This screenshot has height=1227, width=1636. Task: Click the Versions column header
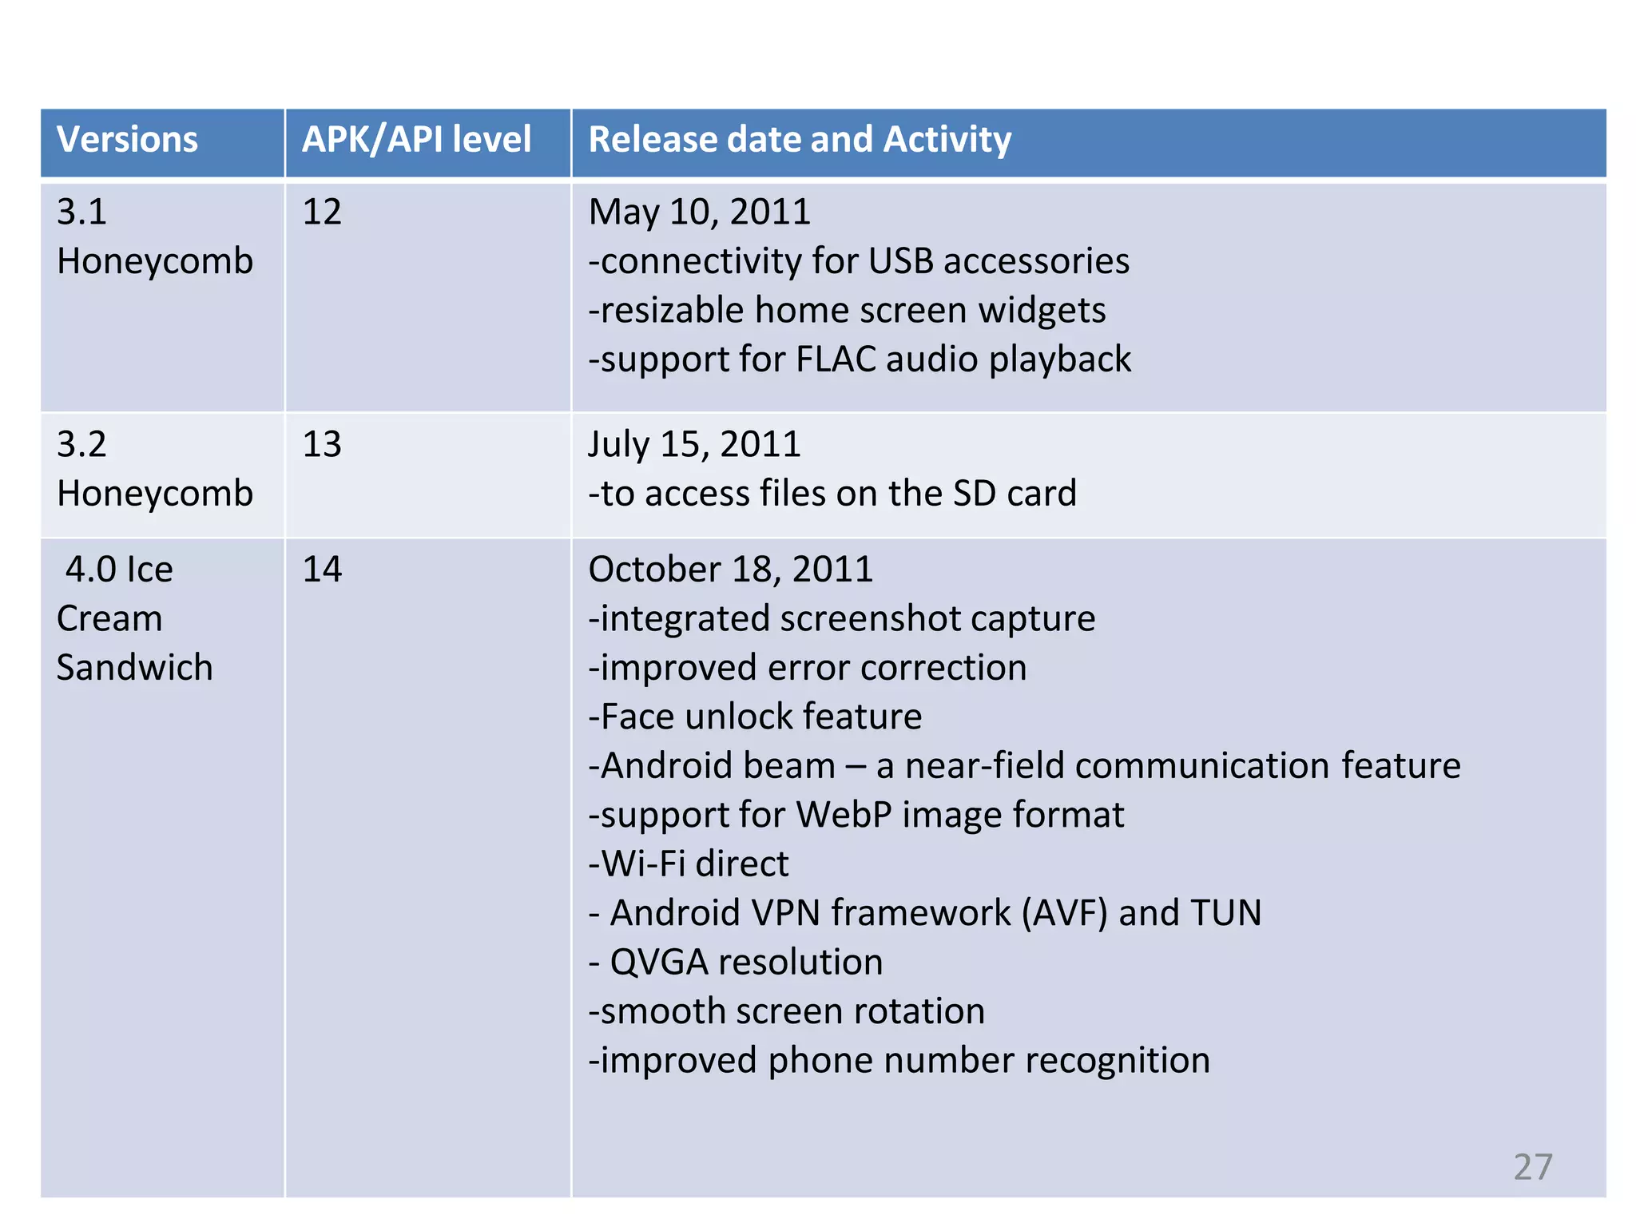127,140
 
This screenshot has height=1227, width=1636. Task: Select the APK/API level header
416,140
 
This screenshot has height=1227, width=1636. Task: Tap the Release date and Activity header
800,140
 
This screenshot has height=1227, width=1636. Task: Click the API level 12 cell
322,212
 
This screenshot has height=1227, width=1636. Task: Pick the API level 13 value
322,445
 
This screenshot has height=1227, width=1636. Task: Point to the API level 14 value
322,570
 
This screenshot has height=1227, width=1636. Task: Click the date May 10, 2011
699,212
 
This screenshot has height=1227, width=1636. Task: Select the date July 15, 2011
694,445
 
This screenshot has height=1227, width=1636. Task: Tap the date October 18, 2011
730,570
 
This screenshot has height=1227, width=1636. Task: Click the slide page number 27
1532,1167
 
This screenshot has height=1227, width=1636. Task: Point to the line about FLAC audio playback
860,359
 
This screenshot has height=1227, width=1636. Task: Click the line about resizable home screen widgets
847,311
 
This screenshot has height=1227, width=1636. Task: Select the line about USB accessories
859,262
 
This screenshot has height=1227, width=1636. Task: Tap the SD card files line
832,494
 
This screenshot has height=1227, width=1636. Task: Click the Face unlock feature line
755,717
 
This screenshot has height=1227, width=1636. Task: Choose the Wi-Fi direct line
689,864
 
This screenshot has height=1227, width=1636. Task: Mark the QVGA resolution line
736,963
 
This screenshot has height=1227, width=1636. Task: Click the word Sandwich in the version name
135,668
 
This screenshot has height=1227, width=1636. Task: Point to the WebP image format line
856,816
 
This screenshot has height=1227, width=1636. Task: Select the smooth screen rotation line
787,1012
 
